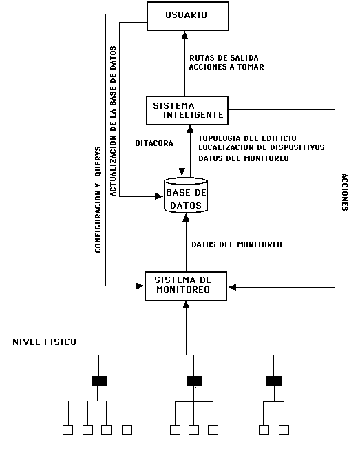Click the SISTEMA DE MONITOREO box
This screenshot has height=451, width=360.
click(186, 286)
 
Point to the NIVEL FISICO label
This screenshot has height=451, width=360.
click(45, 342)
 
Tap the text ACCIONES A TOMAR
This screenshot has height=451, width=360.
click(225, 67)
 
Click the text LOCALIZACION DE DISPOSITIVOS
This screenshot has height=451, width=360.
click(261, 147)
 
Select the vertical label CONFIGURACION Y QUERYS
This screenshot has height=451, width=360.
click(98, 200)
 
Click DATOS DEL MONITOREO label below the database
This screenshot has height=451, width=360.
click(236, 244)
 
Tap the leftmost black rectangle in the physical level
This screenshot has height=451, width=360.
click(98, 381)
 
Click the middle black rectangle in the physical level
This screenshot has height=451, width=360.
click(194, 381)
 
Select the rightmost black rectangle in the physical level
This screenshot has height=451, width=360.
click(275, 381)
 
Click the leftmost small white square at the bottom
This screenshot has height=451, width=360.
click(68, 430)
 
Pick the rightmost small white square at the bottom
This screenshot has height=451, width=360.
click(284, 430)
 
